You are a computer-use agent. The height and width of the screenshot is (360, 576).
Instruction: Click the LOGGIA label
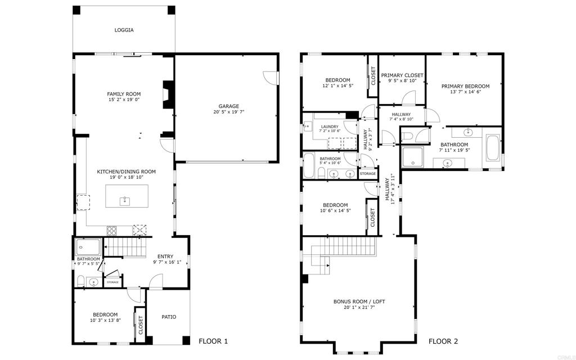tap(124, 30)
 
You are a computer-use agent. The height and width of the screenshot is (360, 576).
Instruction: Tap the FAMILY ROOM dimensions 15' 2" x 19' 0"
tap(124, 100)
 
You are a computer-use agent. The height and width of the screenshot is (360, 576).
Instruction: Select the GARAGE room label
tap(229, 106)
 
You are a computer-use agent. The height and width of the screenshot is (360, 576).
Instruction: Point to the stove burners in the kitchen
tap(112, 229)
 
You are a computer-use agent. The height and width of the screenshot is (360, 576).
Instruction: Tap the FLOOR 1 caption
tap(213, 341)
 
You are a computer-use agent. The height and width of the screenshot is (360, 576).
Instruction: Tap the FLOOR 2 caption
tap(443, 341)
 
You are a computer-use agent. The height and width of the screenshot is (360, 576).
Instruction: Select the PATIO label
tap(169, 317)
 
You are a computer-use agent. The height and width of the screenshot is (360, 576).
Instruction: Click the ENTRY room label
tap(165, 256)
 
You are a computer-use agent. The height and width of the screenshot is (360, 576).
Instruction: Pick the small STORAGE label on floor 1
tap(113, 282)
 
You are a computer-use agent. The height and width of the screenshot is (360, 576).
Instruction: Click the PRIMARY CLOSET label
tap(402, 75)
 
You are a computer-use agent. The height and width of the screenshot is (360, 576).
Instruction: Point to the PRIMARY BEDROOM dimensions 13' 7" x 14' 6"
tap(465, 92)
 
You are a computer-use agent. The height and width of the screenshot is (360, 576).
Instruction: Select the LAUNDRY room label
tap(330, 127)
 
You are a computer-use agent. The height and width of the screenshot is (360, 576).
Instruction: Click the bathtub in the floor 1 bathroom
tap(88, 246)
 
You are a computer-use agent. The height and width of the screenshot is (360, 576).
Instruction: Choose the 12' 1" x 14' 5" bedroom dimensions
tap(337, 86)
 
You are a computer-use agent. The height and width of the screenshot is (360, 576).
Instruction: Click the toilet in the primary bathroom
tap(409, 136)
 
